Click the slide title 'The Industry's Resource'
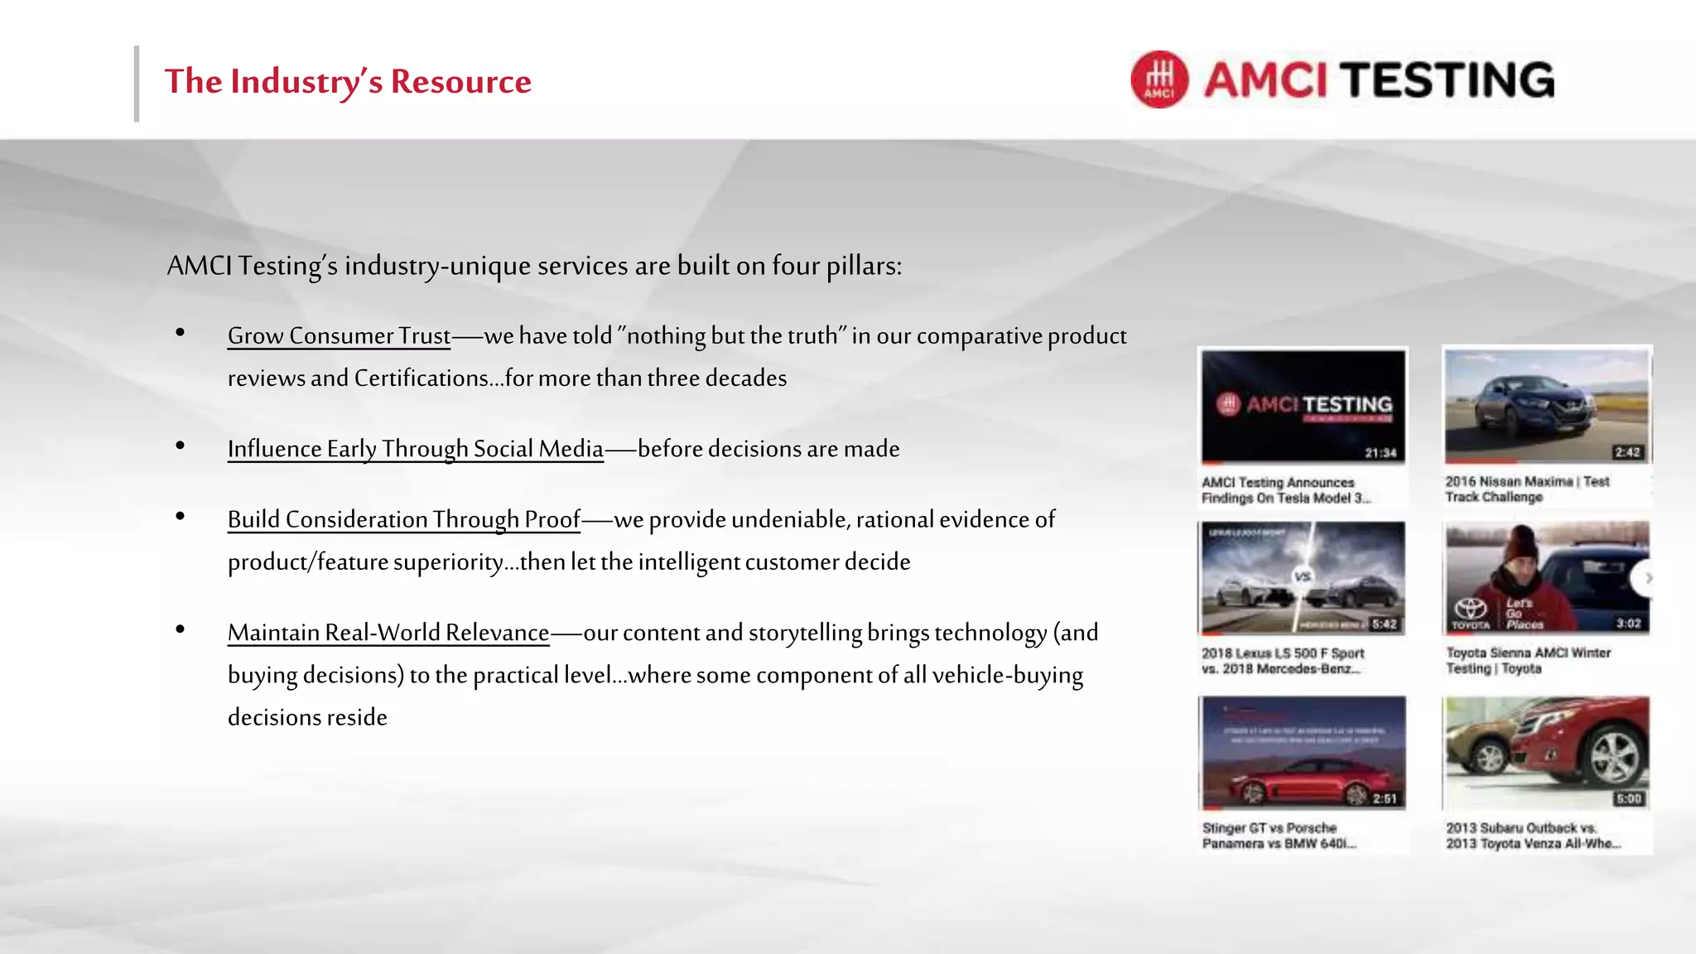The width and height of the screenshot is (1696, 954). pos(348,82)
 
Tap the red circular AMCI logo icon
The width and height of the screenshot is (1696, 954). pos(1159,79)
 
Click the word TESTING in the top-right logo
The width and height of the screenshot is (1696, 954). pos(1448,80)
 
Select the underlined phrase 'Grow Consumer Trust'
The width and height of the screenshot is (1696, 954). pos(339,336)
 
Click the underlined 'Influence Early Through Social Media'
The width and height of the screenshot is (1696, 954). pos(415,449)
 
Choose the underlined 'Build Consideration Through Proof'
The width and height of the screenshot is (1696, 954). pos(403,520)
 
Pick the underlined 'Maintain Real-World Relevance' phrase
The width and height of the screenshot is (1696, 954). pos(388,633)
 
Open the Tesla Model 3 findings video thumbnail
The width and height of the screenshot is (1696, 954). pos(1303,406)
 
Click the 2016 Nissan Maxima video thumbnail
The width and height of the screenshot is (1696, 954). pos(1545,406)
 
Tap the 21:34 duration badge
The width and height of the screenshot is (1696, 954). pos(1380,453)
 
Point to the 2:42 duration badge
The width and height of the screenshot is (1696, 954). pos(1627,452)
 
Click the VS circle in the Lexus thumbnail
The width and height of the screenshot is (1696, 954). pos(1303,576)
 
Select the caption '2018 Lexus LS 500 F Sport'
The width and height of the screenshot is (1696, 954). pos(1283,653)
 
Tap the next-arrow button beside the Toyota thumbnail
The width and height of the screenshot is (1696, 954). pos(1646,578)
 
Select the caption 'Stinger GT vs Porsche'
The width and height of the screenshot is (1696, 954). pos(1269,828)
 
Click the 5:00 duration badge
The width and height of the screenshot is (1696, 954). pos(1628,799)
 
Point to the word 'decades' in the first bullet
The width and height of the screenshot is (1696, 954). pos(746,378)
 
